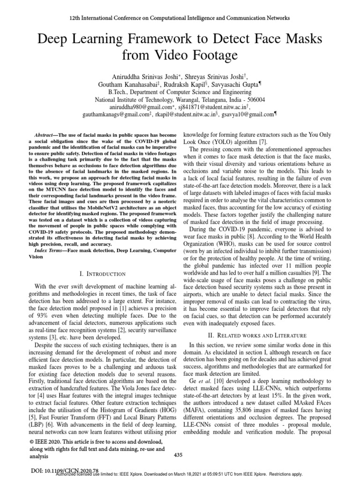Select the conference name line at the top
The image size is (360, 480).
(x=180, y=18)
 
